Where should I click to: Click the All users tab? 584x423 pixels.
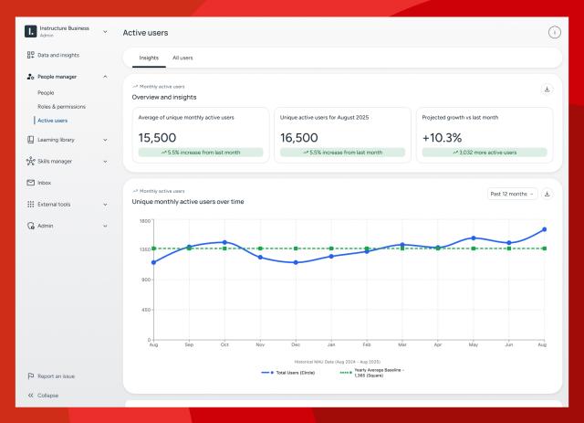tap(182, 58)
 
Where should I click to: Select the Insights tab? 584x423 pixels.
tap(149, 58)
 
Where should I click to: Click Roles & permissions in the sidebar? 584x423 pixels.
tap(61, 106)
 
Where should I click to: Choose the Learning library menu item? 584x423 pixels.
tap(63, 140)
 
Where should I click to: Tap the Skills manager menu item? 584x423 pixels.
tap(60, 161)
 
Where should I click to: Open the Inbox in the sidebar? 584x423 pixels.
tap(44, 183)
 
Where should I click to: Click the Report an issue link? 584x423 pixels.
tap(57, 375)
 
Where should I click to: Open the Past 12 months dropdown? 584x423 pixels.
tap(512, 194)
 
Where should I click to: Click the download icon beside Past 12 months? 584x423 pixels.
tap(547, 194)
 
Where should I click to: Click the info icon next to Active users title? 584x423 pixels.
tap(554, 33)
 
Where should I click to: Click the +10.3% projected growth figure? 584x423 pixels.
tap(443, 137)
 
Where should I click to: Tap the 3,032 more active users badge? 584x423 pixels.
tap(485, 153)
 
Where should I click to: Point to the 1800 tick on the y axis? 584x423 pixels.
tap(144, 221)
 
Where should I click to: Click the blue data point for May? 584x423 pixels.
tap(474, 238)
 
